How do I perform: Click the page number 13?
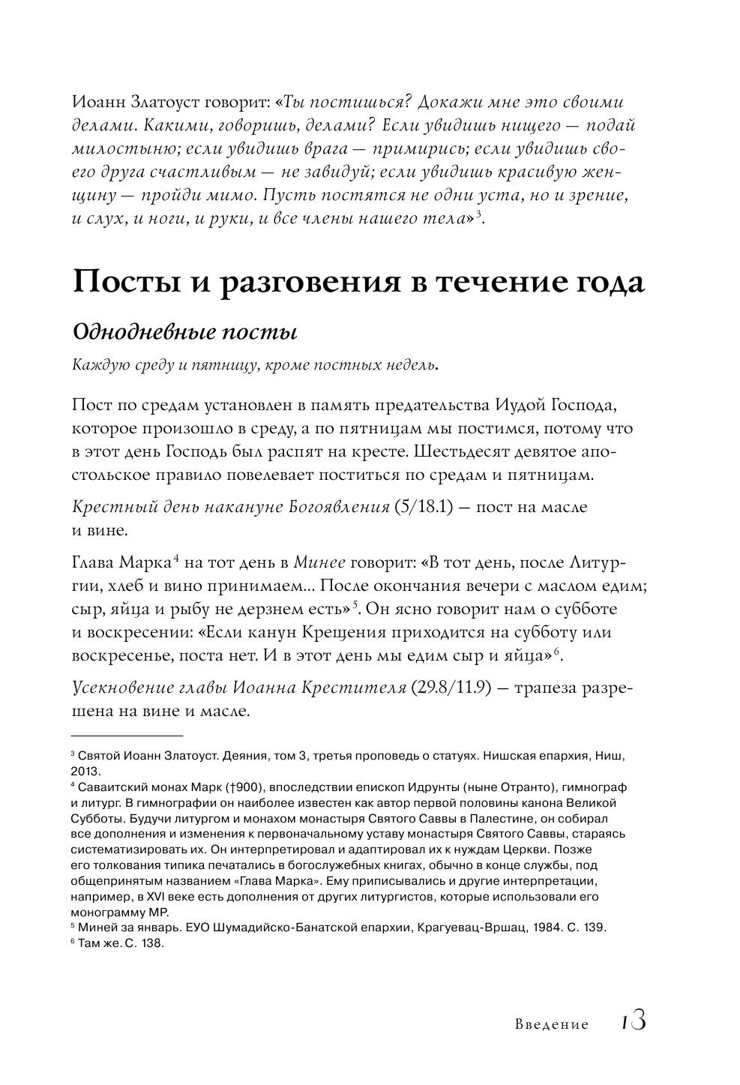(x=634, y=1022)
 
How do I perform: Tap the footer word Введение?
(x=552, y=1025)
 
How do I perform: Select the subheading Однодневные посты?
(x=184, y=331)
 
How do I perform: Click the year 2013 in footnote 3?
(x=85, y=771)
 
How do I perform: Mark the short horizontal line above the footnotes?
(x=127, y=736)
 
